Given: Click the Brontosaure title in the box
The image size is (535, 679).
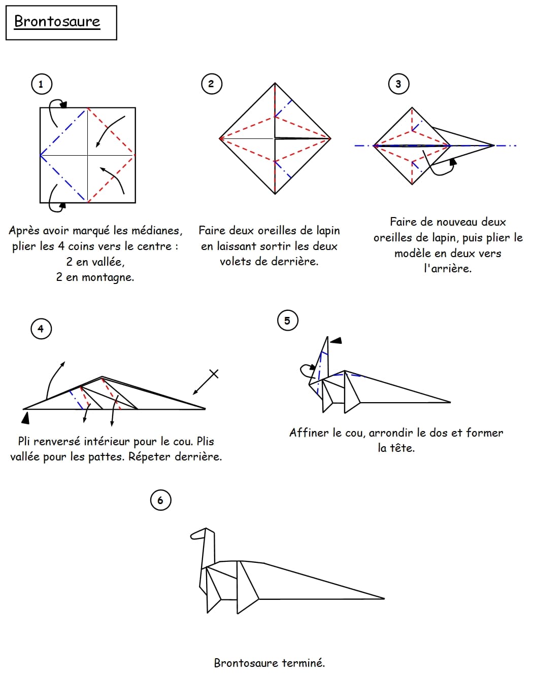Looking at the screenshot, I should (x=57, y=21).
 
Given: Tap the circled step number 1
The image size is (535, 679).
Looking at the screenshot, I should (x=41, y=84).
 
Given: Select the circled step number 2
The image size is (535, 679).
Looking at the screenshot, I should (x=211, y=84).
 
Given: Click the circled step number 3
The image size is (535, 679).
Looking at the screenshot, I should (x=398, y=84).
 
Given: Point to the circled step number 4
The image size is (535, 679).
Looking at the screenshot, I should (x=41, y=329).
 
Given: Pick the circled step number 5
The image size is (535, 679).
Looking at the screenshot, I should (x=287, y=320).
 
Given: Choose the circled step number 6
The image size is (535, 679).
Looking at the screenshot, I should (x=160, y=501).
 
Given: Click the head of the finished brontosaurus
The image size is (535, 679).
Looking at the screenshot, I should (x=199, y=534).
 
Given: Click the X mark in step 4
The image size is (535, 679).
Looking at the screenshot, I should (x=214, y=374).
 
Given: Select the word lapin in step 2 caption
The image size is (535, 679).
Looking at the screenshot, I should (x=328, y=231).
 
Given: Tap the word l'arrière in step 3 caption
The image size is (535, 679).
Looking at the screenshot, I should (x=448, y=269).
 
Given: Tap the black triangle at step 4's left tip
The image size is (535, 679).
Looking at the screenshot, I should (x=25, y=418).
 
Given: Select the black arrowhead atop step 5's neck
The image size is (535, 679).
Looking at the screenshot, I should (x=336, y=340).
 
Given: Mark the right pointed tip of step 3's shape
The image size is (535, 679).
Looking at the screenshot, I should (x=493, y=146).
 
